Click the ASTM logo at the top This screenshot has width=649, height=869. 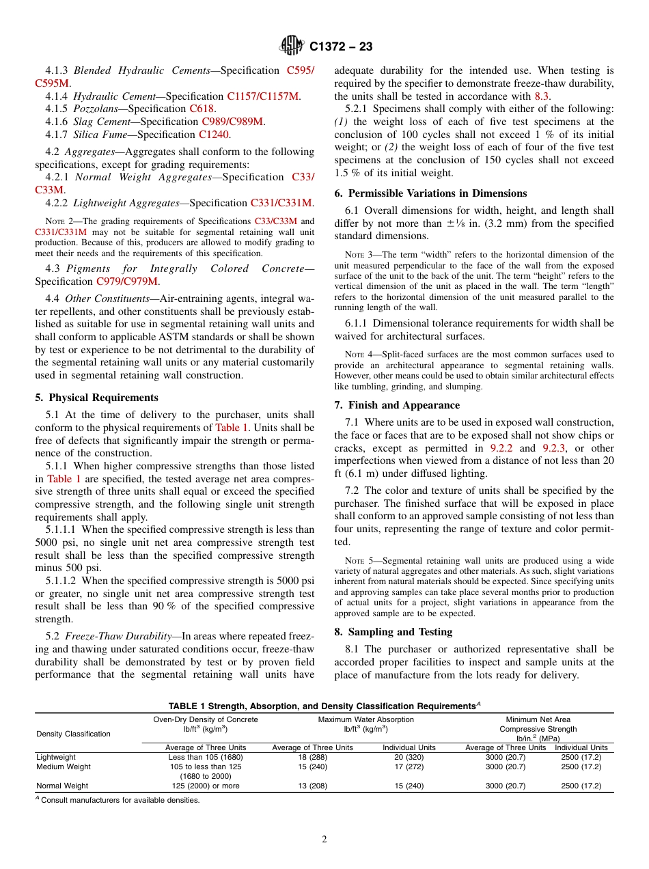pyautogui.click(x=292, y=46)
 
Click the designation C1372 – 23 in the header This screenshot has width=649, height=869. pyautogui.click(x=341, y=46)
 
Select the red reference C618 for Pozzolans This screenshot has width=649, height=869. pyautogui.click(x=202, y=109)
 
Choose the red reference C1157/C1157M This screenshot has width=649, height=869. pyautogui.click(x=263, y=96)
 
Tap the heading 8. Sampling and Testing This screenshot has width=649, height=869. pyautogui.click(x=393, y=632)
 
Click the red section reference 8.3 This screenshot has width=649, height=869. pyautogui.click(x=541, y=96)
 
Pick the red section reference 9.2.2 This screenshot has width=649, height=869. pyautogui.click(x=501, y=448)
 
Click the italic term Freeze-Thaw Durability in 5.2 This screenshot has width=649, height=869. pyautogui.click(x=117, y=637)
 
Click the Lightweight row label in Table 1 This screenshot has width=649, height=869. pyautogui.click(x=56, y=757)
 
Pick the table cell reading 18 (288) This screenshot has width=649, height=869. pyautogui.click(x=313, y=757)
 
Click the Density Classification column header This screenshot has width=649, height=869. pyautogui.click(x=73, y=734)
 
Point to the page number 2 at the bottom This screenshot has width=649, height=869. pyautogui.click(x=324, y=840)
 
